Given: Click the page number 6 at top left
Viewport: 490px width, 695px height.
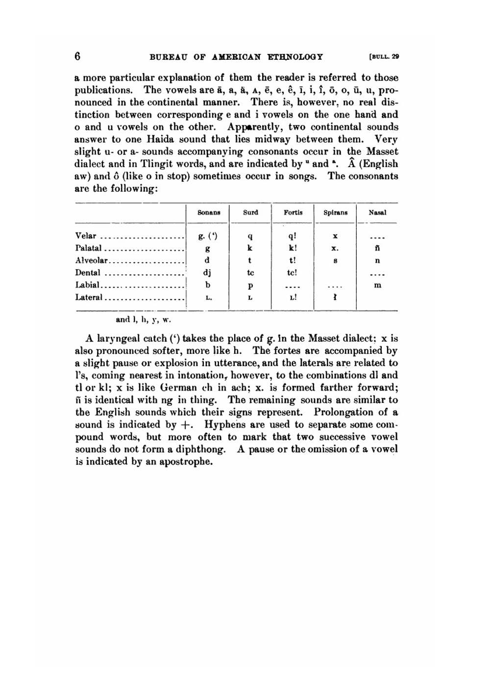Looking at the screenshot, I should pos(77,56).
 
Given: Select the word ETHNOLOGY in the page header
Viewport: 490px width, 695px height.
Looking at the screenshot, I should pos(295,56).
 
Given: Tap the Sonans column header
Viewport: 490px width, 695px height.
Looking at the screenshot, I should pos(209,213).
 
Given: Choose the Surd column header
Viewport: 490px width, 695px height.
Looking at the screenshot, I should pos(250,213).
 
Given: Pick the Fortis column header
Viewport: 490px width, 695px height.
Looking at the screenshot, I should pos(293,213).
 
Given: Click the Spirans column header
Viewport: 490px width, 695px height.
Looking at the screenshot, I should pos(336,213).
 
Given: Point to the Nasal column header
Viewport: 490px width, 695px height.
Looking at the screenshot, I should pos(377,213).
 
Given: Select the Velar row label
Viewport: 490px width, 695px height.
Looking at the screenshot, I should pos(86,236).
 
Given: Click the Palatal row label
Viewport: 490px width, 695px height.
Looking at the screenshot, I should pos(88,248).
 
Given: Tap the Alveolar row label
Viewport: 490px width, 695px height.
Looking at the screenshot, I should pos(91,261).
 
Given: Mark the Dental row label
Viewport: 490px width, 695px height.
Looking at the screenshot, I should pos(88,273).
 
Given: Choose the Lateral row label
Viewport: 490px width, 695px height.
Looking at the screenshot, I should pos(88,298).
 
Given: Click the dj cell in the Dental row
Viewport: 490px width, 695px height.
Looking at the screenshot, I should pos(208,273).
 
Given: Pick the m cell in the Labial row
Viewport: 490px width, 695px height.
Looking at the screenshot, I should pos(377,285).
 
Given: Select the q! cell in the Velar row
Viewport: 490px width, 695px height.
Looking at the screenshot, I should pos(293,236).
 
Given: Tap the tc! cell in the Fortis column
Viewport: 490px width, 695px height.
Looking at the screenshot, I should pos(293,273).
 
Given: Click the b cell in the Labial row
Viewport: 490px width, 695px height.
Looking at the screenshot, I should pos(208,285).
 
